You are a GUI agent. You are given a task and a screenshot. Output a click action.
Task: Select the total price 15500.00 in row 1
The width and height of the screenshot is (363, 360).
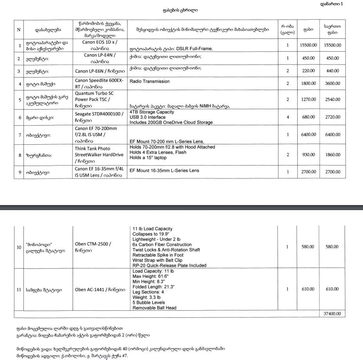tap(332, 45)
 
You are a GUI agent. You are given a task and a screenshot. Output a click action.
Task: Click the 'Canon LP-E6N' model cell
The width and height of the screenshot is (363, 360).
tap(100, 71)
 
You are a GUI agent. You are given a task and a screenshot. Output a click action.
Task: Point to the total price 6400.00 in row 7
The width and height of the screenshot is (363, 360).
tap(332, 135)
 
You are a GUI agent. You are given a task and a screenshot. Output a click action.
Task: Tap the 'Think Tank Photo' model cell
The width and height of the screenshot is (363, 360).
tap(93, 149)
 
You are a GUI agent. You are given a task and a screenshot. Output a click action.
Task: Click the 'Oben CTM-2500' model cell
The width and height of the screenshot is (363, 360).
tap(93, 244)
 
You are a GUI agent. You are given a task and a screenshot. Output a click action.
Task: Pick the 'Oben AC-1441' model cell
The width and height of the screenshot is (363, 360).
tap(100, 290)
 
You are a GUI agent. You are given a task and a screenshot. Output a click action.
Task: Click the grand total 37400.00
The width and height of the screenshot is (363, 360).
tap(332, 313)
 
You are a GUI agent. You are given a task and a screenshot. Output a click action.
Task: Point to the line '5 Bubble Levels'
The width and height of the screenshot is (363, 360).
tap(149, 302)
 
